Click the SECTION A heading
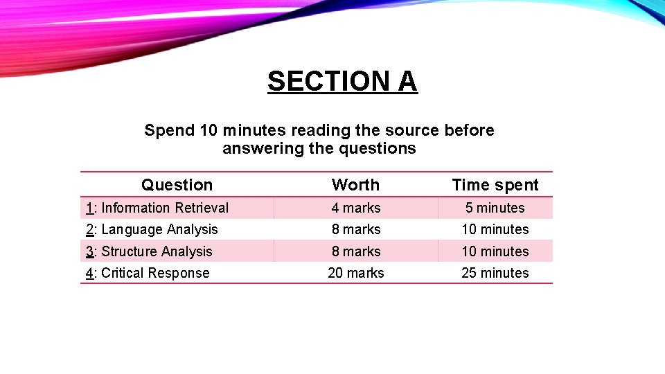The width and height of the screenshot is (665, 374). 342,82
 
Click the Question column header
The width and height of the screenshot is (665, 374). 177,185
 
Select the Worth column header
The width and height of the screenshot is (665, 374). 355,185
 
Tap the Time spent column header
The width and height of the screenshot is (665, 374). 495,185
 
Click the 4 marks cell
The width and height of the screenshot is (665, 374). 355,208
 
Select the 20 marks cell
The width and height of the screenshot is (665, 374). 355,273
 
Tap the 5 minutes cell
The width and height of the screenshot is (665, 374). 495,208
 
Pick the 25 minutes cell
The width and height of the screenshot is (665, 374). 495,273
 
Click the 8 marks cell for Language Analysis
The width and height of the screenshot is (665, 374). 355,229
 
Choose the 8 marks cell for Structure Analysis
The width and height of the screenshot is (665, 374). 355,251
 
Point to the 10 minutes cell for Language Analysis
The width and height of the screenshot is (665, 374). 495,229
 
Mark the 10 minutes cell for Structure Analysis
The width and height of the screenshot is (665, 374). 495,251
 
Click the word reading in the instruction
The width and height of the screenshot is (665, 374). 317,131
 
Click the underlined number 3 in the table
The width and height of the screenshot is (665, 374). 89,251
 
